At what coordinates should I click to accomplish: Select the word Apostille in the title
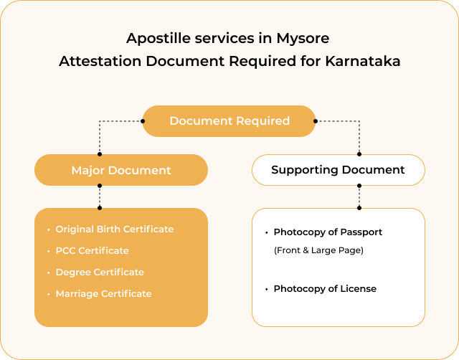[154, 37]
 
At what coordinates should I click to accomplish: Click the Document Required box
[229, 120]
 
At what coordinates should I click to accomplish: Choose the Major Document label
[120, 171]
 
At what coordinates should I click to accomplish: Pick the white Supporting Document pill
[338, 170]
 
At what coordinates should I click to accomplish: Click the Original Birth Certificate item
[115, 229]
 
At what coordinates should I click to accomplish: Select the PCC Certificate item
[92, 251]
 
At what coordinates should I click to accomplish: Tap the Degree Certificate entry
[100, 273]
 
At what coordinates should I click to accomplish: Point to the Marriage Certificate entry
[103, 294]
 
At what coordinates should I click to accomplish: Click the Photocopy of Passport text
[328, 232]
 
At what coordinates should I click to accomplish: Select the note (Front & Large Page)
[318, 250]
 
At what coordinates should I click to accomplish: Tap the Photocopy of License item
[325, 289]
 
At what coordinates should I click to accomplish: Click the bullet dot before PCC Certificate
[49, 251]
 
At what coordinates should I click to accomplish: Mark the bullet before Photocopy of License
[267, 289]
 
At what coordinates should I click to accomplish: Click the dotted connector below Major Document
[100, 196]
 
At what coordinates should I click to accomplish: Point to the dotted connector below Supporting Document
[359, 196]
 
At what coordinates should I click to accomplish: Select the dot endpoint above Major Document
[100, 153]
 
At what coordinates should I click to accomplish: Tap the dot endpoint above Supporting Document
[359, 153]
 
